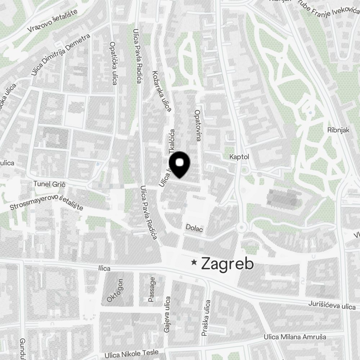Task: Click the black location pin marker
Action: point(179,165)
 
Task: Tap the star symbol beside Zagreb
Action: point(194,262)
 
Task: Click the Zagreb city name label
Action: point(228,264)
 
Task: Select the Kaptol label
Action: point(239,157)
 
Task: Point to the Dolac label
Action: point(194,228)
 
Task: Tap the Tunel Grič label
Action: point(49,184)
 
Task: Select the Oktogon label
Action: point(115,290)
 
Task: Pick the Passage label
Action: point(152,289)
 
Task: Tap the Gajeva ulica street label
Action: point(167,315)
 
